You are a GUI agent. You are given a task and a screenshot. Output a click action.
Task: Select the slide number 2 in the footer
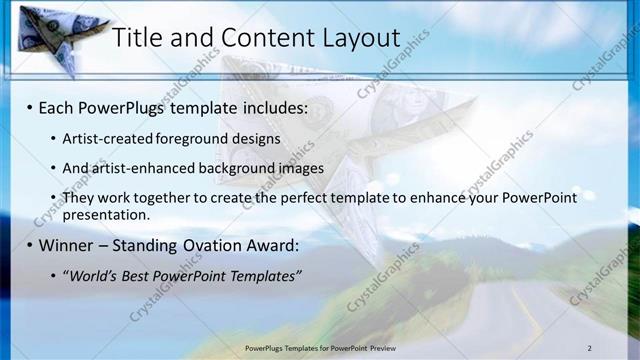pyautogui.click(x=590, y=347)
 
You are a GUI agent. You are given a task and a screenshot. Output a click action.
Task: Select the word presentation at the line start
pyautogui.click(x=105, y=214)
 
